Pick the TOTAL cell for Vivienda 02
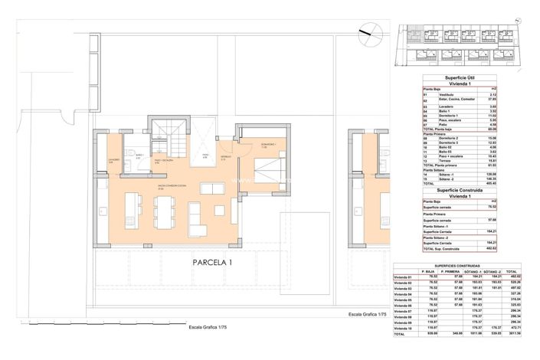click(525, 283)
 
